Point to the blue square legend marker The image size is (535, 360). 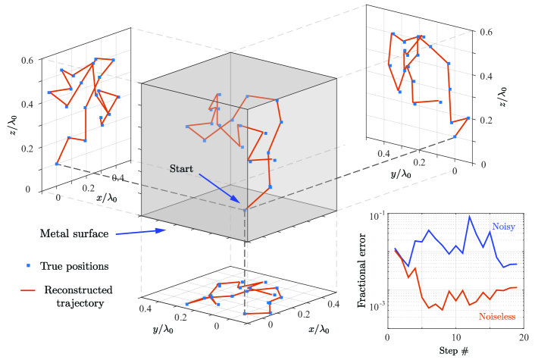tap(28, 266)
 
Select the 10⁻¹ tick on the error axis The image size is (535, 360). tap(375, 216)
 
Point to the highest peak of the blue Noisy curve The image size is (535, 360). tap(470, 218)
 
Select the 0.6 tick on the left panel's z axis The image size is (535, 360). tap(27, 60)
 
